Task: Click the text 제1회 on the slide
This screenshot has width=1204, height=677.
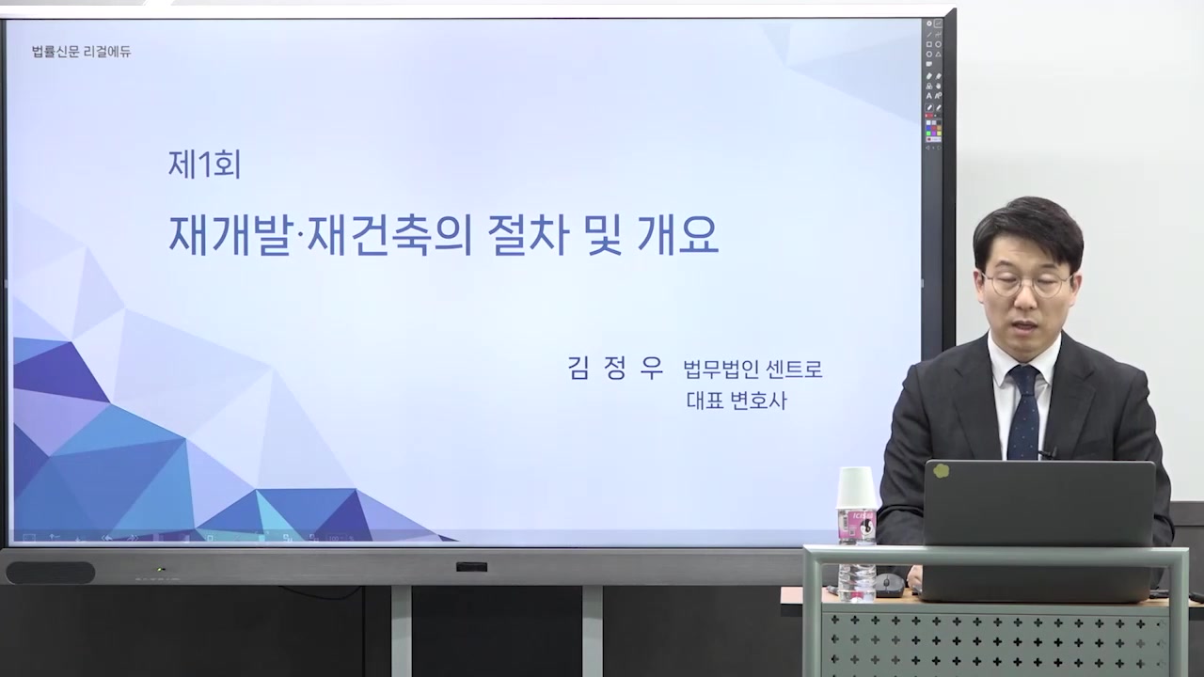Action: click(x=204, y=165)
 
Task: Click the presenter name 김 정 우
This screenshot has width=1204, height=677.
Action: click(x=615, y=368)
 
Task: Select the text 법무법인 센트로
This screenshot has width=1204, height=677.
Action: click(x=752, y=370)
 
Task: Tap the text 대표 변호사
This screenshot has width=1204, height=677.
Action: click(x=736, y=401)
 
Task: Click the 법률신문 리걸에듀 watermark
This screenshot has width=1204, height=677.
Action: click(x=81, y=52)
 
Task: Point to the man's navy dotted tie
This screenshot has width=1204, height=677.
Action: click(x=1022, y=414)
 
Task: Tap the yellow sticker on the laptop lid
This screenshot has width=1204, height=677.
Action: click(x=941, y=471)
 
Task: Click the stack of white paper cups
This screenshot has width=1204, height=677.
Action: click(x=856, y=488)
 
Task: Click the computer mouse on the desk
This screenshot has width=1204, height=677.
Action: click(x=888, y=585)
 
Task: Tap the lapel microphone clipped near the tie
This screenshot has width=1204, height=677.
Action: click(x=1047, y=453)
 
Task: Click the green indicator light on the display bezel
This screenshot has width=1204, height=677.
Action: click(x=161, y=569)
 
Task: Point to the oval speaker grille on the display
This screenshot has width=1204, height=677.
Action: click(x=50, y=572)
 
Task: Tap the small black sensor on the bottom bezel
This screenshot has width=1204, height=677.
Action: click(x=471, y=567)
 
